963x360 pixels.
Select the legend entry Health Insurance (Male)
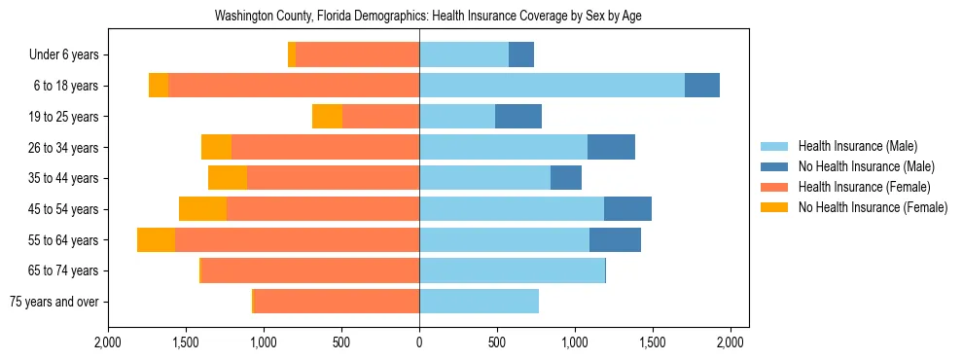pyautogui.click(x=857, y=146)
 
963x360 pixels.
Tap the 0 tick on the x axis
pyautogui.click(x=419, y=342)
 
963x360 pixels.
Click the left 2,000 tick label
pyautogui.click(x=108, y=342)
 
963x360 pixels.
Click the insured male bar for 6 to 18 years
pyautogui.click(x=552, y=86)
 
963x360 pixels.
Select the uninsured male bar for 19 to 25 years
pyautogui.click(x=518, y=117)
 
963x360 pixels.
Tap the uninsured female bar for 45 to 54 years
pyautogui.click(x=202, y=209)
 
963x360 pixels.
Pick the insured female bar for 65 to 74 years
pyautogui.click(x=309, y=270)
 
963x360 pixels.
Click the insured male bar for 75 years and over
pyautogui.click(x=479, y=302)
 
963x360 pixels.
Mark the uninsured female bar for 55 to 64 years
pyautogui.click(x=156, y=239)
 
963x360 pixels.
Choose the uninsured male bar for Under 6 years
pyautogui.click(x=521, y=55)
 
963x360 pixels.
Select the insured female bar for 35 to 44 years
pyautogui.click(x=333, y=178)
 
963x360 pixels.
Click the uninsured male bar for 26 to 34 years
pyautogui.click(x=611, y=148)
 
